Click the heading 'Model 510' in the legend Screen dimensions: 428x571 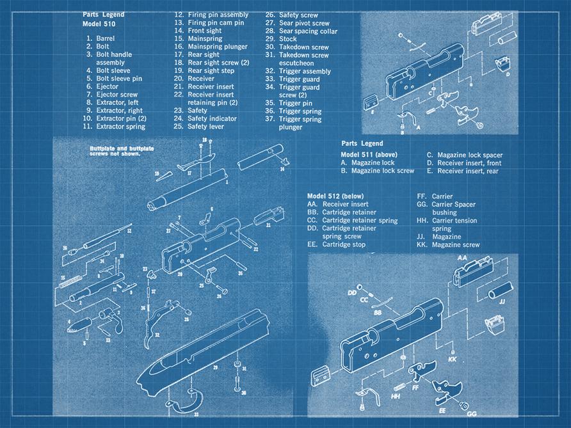tap(99, 24)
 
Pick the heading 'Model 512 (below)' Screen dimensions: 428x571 tap(335, 196)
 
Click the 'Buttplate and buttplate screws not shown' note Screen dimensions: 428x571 tap(120, 150)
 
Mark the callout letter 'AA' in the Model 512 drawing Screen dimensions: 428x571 tap(462, 257)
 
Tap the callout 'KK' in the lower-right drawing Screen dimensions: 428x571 tap(452, 360)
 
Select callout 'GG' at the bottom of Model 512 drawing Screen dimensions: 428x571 tap(471, 414)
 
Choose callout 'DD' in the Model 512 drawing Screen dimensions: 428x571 tap(351, 293)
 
